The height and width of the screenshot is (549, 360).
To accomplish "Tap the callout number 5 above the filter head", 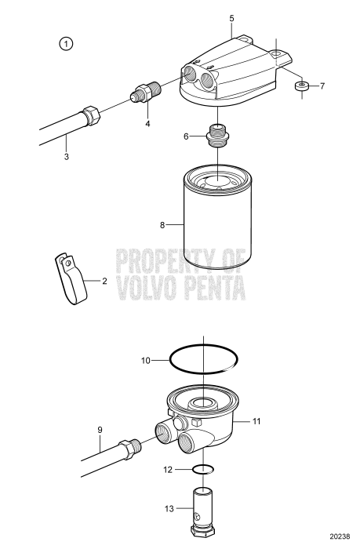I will click(x=232, y=17).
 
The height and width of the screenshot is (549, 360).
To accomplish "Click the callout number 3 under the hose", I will click(x=67, y=157).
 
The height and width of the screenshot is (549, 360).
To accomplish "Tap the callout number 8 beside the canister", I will click(x=163, y=225).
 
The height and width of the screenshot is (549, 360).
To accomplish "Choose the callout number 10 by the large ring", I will click(x=145, y=361).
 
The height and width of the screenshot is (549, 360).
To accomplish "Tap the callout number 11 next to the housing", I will click(x=256, y=421).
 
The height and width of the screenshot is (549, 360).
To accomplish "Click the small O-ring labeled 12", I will click(x=203, y=470).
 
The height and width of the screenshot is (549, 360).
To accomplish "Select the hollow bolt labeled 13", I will click(x=203, y=514).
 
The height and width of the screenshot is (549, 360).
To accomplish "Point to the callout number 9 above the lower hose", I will click(x=100, y=430).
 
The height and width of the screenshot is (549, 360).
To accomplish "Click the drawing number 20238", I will click(x=338, y=540).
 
